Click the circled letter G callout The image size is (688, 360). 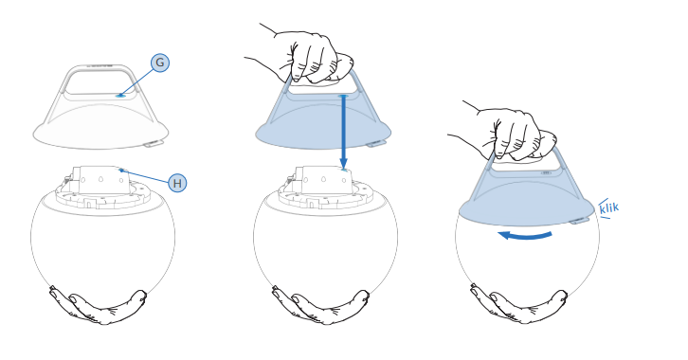[160, 63]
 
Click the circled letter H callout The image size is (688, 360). [177, 183]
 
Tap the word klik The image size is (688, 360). [609, 207]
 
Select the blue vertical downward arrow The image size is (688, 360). [344, 132]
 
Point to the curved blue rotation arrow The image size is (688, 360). [525, 236]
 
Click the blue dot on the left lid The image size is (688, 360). [120, 95]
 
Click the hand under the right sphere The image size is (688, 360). [519, 305]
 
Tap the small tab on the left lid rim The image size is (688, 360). [154, 143]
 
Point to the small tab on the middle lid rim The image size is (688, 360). [376, 143]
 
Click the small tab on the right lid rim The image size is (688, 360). [579, 221]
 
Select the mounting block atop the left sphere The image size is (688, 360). [100, 180]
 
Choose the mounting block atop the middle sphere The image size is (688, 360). [322, 180]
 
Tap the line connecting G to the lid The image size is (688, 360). [136, 81]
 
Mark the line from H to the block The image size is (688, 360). [144, 175]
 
